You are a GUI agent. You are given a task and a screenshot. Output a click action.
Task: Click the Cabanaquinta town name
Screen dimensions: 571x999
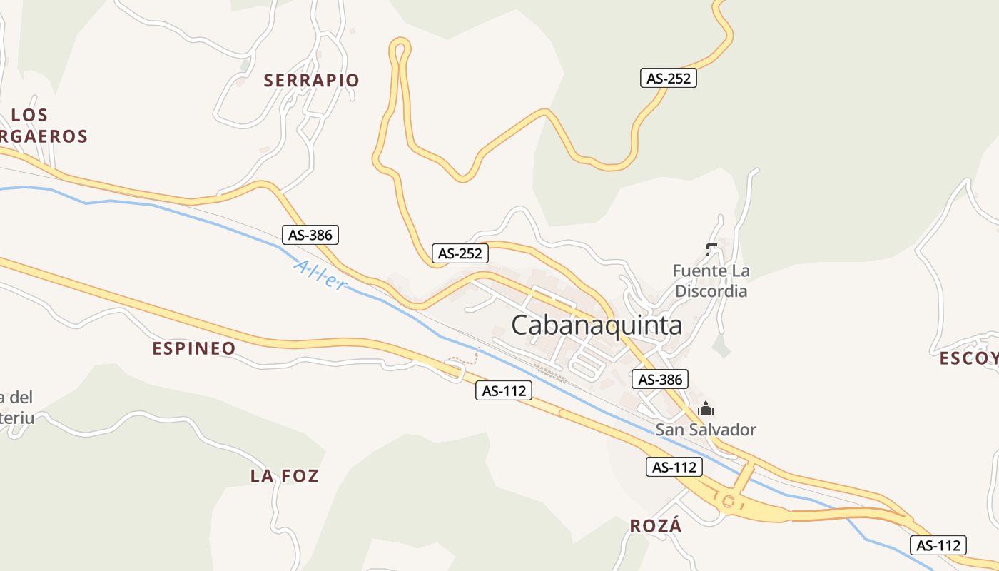(597, 325)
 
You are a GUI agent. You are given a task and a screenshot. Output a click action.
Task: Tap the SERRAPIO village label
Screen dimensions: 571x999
(311, 80)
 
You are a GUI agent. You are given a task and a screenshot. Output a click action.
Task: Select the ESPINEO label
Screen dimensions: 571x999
(194, 348)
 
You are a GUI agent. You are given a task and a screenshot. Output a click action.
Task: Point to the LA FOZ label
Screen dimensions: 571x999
(284, 476)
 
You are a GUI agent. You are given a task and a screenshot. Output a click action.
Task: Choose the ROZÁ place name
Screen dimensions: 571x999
(656, 526)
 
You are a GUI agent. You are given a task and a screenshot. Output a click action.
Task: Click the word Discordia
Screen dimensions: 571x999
(711, 291)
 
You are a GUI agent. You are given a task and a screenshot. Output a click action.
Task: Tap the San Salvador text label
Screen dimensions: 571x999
(706, 430)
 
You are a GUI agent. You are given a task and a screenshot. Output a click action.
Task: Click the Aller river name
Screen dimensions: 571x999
(320, 275)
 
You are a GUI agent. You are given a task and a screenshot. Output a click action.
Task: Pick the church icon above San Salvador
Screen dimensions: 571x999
(706, 409)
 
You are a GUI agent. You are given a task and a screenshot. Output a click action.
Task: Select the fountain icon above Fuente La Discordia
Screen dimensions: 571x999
(711, 248)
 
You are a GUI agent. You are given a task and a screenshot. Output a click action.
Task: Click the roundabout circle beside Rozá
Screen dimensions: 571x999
(728, 501)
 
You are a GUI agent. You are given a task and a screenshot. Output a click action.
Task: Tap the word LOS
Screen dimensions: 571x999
(30, 115)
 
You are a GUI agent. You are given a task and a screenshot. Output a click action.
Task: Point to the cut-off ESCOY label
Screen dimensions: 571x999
(968, 358)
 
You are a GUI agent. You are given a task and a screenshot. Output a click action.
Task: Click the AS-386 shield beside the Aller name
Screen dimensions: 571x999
(310, 234)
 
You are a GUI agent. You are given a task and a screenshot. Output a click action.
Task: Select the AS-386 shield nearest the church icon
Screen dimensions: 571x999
(660, 379)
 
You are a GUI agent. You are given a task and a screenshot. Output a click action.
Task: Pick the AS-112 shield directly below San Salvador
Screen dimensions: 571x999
(674, 467)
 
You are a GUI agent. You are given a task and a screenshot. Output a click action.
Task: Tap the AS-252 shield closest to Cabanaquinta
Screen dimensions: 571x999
(460, 253)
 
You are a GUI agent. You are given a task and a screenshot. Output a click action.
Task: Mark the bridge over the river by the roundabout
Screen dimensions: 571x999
(744, 475)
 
